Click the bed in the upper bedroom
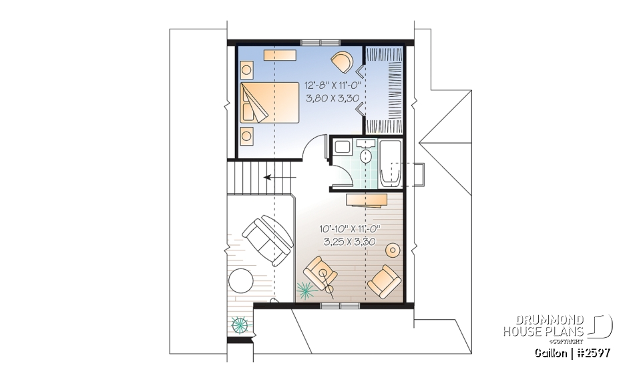(x=270, y=102)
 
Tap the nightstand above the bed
(x=247, y=69)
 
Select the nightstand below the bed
(x=247, y=136)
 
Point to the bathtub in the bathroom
(x=389, y=164)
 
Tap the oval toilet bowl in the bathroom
(x=366, y=157)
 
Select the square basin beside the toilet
(x=342, y=148)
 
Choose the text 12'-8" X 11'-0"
(x=333, y=86)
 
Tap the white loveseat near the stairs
(x=268, y=240)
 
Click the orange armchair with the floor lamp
(x=320, y=273)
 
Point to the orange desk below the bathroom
(x=368, y=198)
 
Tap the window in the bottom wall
(x=340, y=306)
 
